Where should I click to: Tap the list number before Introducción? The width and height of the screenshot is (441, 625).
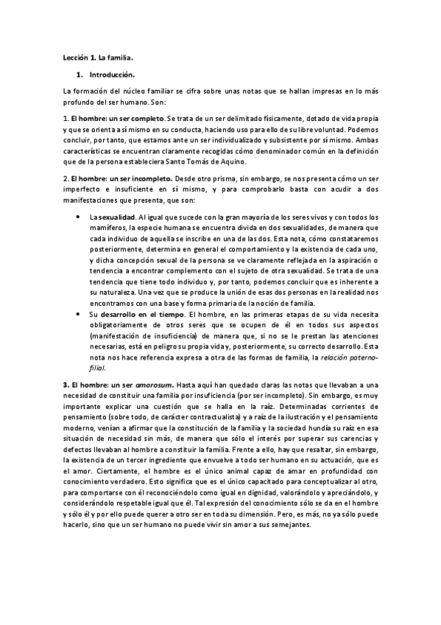coord(79,75)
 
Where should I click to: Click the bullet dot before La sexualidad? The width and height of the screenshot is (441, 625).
coord(79,217)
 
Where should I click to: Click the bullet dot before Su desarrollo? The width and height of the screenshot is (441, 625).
coord(79,315)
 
